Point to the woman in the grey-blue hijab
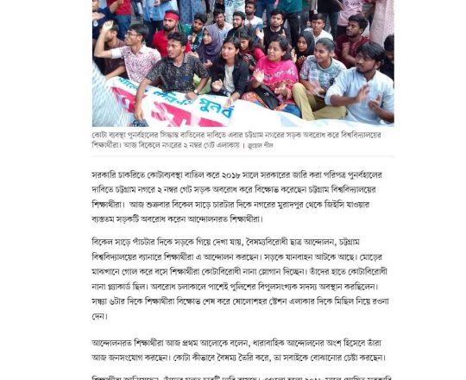tap(212, 52)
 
